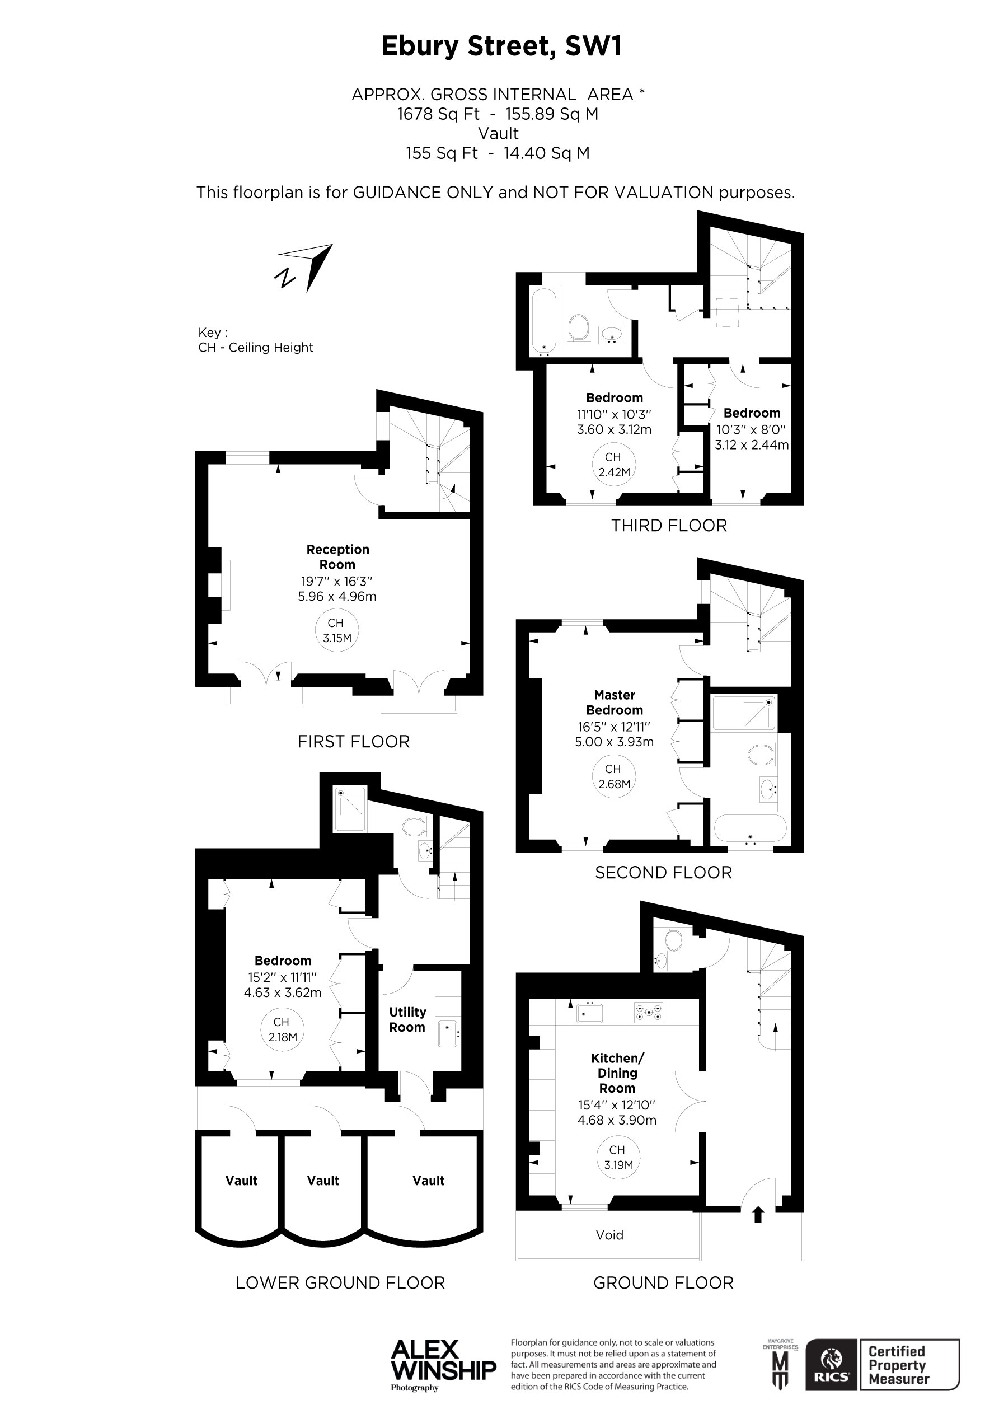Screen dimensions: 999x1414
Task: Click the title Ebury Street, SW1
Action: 501,47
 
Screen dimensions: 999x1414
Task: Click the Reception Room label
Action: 337,557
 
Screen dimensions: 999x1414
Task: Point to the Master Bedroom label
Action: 614,702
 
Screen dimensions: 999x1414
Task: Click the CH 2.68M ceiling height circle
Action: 613,776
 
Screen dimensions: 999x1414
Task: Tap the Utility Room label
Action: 407,1019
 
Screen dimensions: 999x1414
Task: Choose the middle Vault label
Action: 323,1181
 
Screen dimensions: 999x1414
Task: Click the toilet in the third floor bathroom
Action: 578,326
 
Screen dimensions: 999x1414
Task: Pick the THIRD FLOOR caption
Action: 669,525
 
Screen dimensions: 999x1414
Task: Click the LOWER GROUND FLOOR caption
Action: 340,1283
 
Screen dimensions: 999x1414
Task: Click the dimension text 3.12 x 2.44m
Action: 752,444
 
